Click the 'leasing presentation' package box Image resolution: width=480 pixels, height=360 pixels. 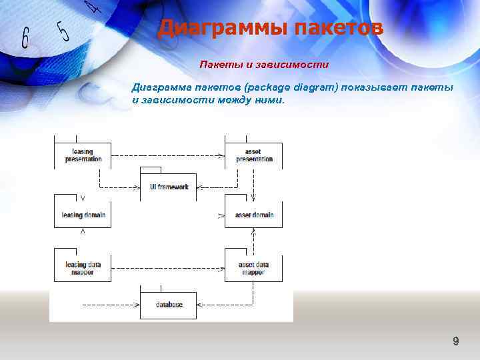pos(83,156)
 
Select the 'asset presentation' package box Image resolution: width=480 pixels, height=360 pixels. pos(254,156)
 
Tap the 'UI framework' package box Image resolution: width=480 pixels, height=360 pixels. pos(169,187)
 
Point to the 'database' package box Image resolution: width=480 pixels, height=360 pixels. pos(169,305)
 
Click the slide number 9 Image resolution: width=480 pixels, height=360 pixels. pos(455,341)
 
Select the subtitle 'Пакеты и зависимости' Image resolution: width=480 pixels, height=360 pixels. pos(265,65)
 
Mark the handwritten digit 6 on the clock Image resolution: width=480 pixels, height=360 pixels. pos(25,38)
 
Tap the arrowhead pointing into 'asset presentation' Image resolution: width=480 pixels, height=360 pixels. pos(221,156)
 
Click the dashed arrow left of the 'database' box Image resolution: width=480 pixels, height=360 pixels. pos(110,305)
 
